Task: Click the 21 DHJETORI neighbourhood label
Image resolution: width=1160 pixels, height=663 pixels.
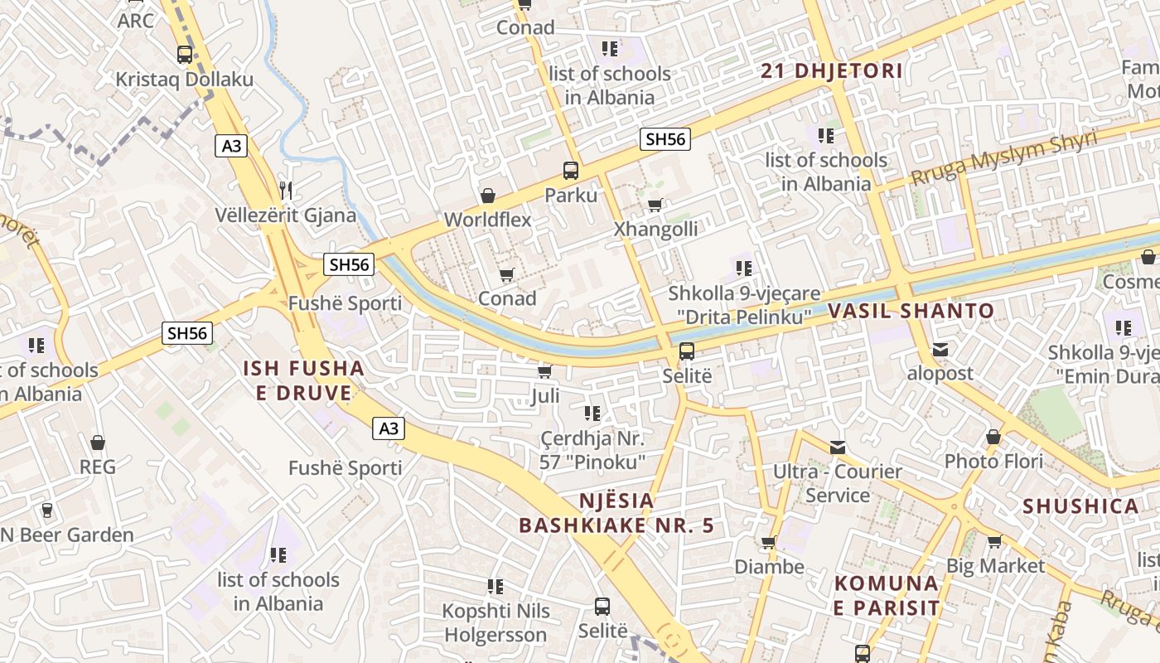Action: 832,71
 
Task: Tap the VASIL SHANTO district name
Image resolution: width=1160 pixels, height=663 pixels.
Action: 911,312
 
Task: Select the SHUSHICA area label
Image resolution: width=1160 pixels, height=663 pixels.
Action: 1080,506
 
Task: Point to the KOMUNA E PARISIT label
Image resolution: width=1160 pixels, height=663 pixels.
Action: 887,595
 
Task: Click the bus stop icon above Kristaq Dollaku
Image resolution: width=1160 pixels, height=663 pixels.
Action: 185,55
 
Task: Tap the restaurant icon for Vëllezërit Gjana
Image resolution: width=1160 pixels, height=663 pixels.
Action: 286,190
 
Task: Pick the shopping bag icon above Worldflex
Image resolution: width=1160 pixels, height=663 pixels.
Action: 488,196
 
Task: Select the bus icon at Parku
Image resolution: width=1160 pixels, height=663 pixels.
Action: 571,171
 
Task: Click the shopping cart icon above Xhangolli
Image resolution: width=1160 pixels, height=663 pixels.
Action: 655,205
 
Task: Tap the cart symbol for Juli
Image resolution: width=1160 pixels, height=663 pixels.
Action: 544,371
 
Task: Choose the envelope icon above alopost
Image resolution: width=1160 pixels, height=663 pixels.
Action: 940,349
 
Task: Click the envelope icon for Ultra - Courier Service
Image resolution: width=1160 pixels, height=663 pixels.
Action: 838,448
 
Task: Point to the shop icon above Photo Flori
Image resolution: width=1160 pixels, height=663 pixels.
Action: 993,436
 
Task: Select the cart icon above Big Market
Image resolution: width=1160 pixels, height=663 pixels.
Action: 994,541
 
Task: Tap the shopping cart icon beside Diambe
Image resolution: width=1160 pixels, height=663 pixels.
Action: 769,543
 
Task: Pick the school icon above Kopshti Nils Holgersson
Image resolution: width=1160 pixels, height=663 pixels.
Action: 495,587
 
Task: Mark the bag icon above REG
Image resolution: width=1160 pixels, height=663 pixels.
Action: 98,443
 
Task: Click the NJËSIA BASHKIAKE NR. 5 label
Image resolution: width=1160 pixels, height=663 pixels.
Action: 616,513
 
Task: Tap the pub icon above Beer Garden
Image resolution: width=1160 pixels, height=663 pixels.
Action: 47,510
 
